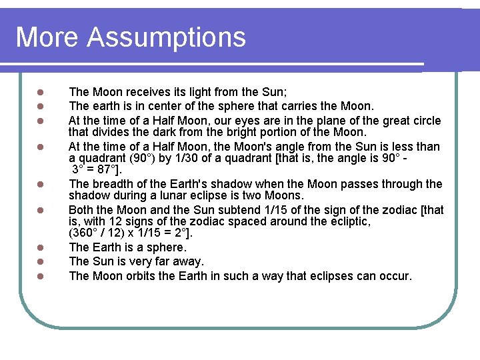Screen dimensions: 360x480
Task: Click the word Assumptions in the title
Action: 166,37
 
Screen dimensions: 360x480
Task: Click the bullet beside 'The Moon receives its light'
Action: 41,92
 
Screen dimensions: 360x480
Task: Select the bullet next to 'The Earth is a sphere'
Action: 41,248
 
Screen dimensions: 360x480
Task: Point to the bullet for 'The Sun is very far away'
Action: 41,262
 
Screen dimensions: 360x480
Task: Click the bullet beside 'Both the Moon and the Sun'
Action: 41,210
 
